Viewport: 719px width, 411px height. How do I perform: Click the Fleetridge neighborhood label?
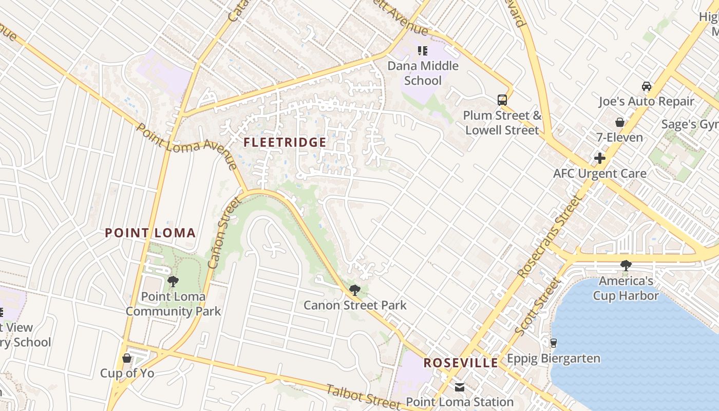coord(285,142)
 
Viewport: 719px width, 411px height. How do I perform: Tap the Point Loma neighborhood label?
coord(150,233)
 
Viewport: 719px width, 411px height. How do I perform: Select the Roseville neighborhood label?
coord(461,363)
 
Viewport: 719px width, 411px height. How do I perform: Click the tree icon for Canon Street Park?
coord(354,290)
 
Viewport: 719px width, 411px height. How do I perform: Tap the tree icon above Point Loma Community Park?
coord(173,282)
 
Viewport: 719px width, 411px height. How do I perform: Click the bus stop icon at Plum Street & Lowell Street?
coord(502,100)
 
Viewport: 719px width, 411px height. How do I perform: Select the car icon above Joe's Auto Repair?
coord(647,86)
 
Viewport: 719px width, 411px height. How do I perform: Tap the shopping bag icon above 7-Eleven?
coord(620,122)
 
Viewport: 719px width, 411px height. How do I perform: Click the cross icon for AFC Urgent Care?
coord(599,158)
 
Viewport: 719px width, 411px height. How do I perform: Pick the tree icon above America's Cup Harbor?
coord(626,266)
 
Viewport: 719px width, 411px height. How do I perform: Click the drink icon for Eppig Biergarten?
coord(554,343)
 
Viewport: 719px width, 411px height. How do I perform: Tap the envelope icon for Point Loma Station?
coord(460,387)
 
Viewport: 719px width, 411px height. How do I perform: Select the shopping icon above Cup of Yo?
coord(127,358)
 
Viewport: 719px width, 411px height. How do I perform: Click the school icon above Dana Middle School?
coord(423,51)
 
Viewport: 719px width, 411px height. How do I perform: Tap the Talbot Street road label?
coord(363,396)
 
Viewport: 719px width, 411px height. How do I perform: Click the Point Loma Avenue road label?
coord(187,146)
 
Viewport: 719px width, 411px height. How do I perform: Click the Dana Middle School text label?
coord(423,73)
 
